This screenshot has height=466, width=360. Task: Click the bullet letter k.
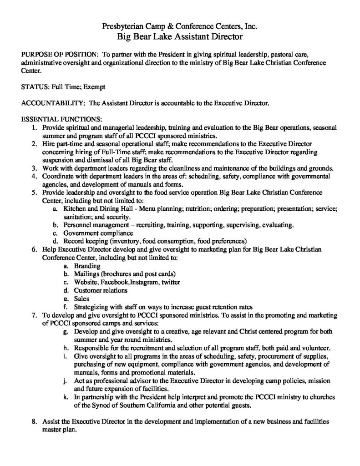pyautogui.click(x=67, y=397)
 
